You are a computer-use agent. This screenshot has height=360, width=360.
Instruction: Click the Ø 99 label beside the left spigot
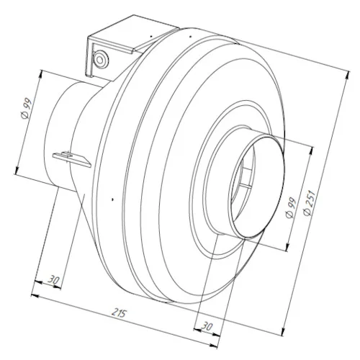pos(27,108)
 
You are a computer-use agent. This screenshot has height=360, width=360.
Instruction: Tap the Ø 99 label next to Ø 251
pos(292,207)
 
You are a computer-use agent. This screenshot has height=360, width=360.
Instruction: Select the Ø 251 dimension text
pos(309,203)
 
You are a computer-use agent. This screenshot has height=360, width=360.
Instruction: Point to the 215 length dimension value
pos(119,312)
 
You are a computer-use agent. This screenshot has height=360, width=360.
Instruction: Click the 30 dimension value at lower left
pos(54,279)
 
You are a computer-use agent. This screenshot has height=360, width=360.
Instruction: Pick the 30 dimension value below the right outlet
pos(207,326)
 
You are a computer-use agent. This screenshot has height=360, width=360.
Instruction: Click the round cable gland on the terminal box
pos(101,58)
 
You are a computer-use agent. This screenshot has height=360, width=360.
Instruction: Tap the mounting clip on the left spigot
pos(71,158)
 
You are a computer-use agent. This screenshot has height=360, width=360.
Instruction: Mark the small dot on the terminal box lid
pos(151,36)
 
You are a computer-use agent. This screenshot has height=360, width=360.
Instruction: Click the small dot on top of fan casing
pos(190,37)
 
